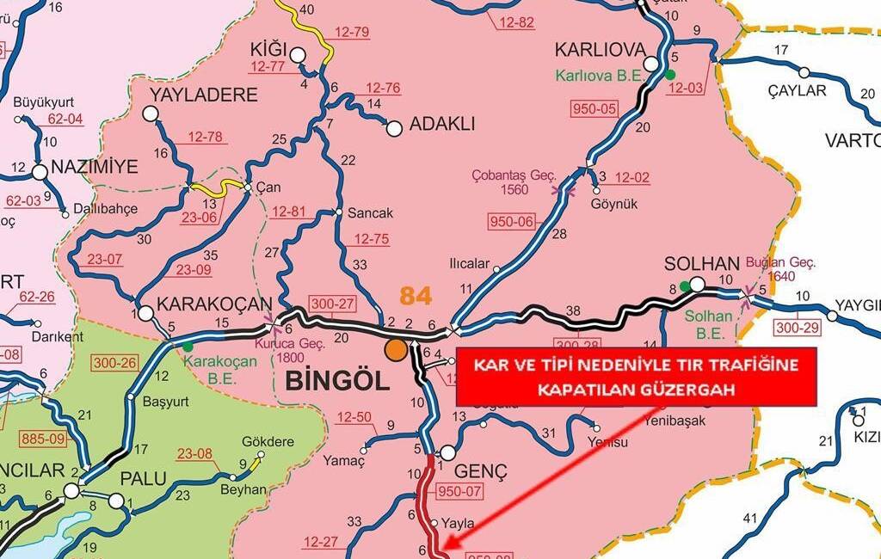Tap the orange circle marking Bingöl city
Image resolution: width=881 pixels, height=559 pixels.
(x=396, y=349)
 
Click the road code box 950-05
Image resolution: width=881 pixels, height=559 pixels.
(x=595, y=108)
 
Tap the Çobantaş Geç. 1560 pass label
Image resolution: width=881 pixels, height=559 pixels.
(x=514, y=181)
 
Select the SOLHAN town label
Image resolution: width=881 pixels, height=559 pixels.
(x=702, y=262)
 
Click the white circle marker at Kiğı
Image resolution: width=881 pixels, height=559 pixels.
(x=298, y=56)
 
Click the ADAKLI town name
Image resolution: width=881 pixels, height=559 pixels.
(x=442, y=124)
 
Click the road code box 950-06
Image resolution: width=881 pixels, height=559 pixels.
(x=513, y=222)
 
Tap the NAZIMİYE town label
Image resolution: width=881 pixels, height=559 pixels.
(x=94, y=166)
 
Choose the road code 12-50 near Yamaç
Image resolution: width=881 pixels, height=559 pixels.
(x=354, y=417)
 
